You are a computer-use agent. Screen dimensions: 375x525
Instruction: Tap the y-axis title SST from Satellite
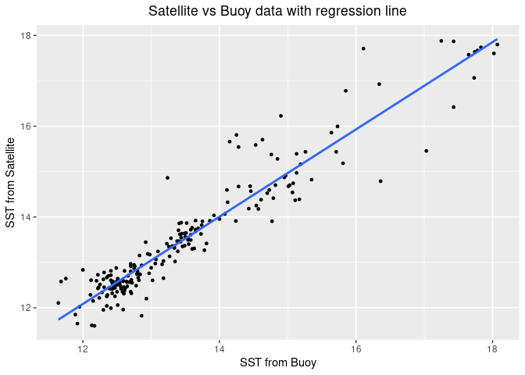pos(11,182)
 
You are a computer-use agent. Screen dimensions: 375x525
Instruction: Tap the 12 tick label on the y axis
pos(26,307)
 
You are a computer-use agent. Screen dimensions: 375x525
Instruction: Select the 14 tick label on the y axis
pos(26,216)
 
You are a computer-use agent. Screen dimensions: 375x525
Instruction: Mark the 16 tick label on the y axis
pos(26,127)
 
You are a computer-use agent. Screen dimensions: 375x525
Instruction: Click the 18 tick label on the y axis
pos(26,36)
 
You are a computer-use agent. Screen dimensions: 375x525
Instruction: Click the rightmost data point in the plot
pos(497,44)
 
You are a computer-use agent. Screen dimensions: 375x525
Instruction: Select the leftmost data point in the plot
pos(58,302)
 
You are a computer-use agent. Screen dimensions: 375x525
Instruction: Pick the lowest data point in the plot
pos(95,326)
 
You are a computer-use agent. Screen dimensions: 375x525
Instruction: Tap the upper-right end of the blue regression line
pos(496,39)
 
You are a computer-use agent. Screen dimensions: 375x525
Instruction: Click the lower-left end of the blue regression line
pos(59,319)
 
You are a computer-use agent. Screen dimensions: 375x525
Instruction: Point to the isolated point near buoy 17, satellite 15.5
pos(426,151)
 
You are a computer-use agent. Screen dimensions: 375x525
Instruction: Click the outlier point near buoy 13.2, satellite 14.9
pos(167,177)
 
